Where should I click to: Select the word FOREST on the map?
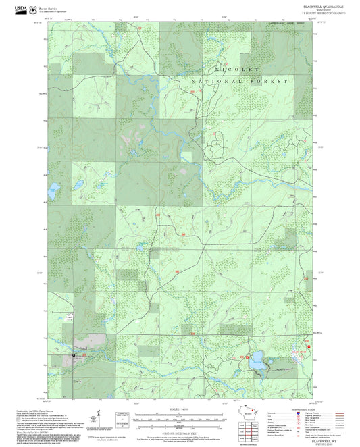[272, 81]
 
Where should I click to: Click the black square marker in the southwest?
[75, 353]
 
